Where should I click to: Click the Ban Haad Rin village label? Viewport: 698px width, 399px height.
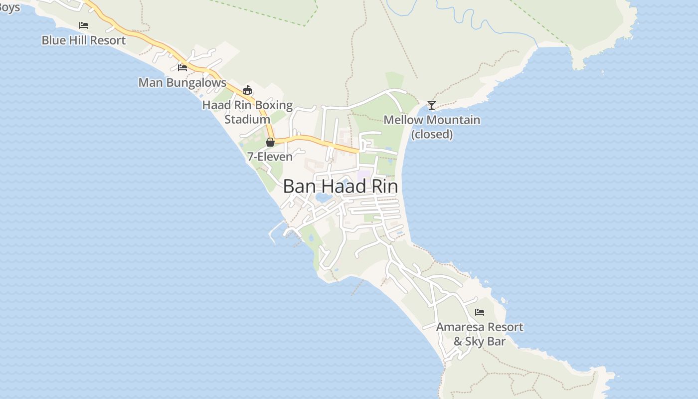pyautogui.click(x=340, y=187)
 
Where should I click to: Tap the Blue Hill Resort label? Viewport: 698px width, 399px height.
pyautogui.click(x=83, y=40)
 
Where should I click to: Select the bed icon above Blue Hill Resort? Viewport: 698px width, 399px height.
pyautogui.click(x=84, y=25)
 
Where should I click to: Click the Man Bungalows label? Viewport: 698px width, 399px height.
pyautogui.click(x=182, y=83)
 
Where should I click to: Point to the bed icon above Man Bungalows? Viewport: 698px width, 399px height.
pyautogui.click(x=182, y=67)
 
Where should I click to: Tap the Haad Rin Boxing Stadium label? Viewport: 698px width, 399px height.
pyautogui.click(x=247, y=112)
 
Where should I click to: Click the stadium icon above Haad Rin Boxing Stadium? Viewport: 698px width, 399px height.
pyautogui.click(x=247, y=90)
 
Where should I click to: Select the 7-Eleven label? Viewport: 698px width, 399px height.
pyautogui.click(x=270, y=157)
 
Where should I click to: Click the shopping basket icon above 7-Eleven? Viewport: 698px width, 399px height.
pyautogui.click(x=270, y=142)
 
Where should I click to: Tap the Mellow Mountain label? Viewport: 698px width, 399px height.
pyautogui.click(x=432, y=120)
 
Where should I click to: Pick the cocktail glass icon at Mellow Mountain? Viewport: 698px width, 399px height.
pyautogui.click(x=432, y=105)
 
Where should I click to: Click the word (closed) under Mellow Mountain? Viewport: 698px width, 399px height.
pyautogui.click(x=432, y=134)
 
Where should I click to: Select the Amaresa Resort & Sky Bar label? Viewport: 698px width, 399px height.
pyautogui.click(x=480, y=334)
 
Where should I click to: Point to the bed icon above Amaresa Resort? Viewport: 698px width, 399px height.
pyautogui.click(x=480, y=312)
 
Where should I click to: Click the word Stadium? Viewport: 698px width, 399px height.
pyautogui.click(x=247, y=120)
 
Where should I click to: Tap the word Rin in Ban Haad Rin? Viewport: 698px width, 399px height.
pyautogui.click(x=384, y=187)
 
